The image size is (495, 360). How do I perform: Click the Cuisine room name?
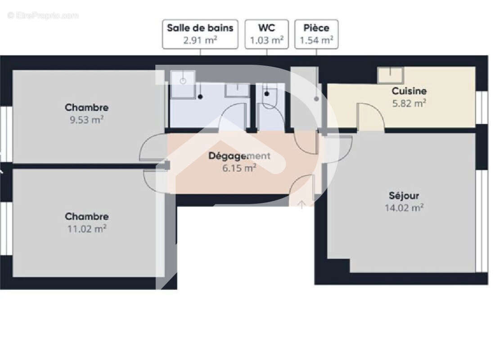pyautogui.click(x=409, y=91)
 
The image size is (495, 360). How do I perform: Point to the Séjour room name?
pyautogui.click(x=404, y=196)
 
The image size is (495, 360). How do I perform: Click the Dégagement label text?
pyautogui.click(x=239, y=156)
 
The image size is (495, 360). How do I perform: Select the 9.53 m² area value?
pyautogui.click(x=87, y=120)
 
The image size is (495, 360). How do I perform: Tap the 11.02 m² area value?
pyautogui.click(x=87, y=229)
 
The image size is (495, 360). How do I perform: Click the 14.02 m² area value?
pyautogui.click(x=404, y=207)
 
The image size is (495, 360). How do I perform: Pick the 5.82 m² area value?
pyautogui.click(x=409, y=103)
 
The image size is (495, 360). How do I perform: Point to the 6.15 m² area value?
pyautogui.click(x=239, y=168)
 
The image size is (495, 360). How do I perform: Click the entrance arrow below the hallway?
pyautogui.click(x=301, y=203)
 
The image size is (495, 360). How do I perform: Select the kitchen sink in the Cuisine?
pyautogui.click(x=390, y=75)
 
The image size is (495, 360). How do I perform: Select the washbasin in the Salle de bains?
pyautogui.click(x=237, y=90)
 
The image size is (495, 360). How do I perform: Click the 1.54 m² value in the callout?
pyautogui.click(x=316, y=40)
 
